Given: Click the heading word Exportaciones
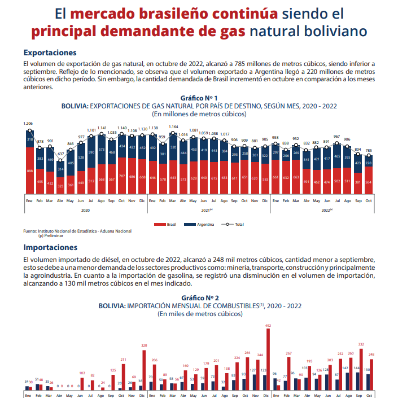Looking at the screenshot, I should tap(50, 53).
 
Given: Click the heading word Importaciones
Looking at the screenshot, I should tap(51, 247).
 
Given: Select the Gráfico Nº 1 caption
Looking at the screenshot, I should tap(200, 98).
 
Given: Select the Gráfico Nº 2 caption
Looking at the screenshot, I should tap(200, 297).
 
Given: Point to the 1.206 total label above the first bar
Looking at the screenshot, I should tap(28, 123).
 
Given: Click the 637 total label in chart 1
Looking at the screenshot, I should tap(60, 154).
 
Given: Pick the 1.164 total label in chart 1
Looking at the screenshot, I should tap(173, 127).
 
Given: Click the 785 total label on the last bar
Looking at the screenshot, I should tap(368, 151).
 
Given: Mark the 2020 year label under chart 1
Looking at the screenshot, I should tap(85, 210).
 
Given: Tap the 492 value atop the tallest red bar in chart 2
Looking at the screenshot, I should tap(268, 326).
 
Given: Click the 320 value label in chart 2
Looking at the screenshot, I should tap(144, 345).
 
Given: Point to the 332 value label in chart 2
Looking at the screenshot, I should tap(361, 344).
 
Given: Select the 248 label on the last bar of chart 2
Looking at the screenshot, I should tap(371, 355).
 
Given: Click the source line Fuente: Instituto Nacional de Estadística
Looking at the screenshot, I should tap(77, 231).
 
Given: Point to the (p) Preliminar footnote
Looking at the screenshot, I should tap(51, 235).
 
